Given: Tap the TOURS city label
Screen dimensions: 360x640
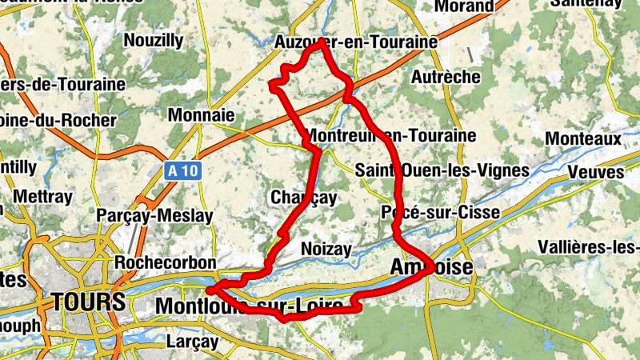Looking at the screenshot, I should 89,302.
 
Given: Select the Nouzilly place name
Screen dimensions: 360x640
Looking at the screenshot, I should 154,40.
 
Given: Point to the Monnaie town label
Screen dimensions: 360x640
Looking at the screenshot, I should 201,115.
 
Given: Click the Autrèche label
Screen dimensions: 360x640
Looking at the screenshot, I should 446,77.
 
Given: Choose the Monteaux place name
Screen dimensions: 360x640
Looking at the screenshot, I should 583,138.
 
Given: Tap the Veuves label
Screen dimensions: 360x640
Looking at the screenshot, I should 595,172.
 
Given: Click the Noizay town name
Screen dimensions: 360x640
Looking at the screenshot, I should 326,250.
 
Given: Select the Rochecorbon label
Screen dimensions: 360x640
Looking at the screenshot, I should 166,262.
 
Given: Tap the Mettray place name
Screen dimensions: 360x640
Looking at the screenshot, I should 43,197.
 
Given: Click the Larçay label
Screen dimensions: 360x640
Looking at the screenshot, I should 192,342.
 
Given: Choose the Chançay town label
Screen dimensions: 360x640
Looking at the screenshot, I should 304,197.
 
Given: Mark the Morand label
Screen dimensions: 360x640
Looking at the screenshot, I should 464,6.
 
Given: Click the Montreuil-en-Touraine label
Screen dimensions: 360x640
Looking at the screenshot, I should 391,135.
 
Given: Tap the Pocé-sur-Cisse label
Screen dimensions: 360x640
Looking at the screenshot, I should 440,212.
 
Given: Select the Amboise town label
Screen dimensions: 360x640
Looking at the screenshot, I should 432,266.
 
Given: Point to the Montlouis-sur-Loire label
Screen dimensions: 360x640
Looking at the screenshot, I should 254,306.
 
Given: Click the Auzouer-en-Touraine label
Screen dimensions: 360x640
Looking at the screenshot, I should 356,41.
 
